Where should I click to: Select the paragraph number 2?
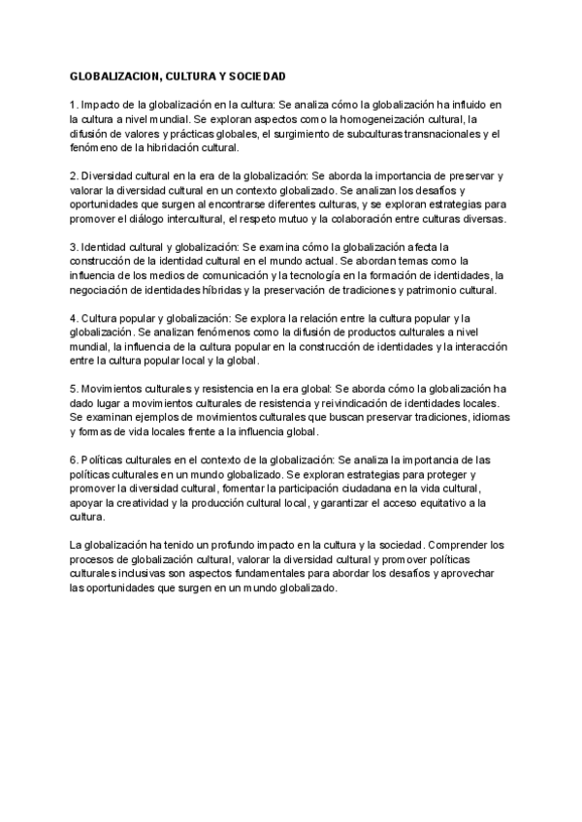click(74, 176)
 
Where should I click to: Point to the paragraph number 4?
click(74, 318)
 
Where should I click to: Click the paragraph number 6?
click(74, 458)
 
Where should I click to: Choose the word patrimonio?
click(424, 290)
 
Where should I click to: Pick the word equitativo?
click(430, 502)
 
